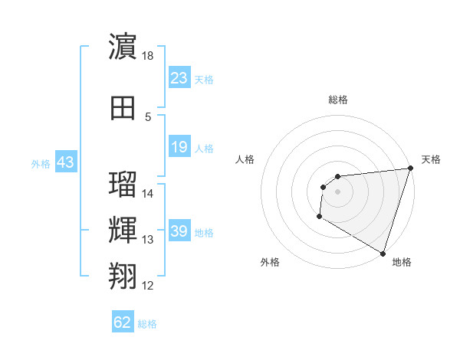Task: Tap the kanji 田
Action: pos(123,110)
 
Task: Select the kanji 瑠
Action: pos(123,186)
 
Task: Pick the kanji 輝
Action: pos(123,231)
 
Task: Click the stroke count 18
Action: pos(149,56)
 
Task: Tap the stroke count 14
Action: pos(149,194)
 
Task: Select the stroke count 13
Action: pos(149,240)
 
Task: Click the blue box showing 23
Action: pos(179,78)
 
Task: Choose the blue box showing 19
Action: pos(179,147)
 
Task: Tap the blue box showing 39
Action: pos(179,231)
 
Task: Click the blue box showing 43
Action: pos(65,162)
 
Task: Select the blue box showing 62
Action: pos(123,322)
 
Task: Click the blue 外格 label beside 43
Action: pos(41,163)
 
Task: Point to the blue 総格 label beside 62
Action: pos(147,324)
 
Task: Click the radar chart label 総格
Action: pos(337,100)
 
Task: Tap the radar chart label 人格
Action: pos(245,159)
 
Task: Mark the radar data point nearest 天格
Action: pos(410,169)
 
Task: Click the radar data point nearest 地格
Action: pos(383,253)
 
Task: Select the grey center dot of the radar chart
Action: pos(337,191)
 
